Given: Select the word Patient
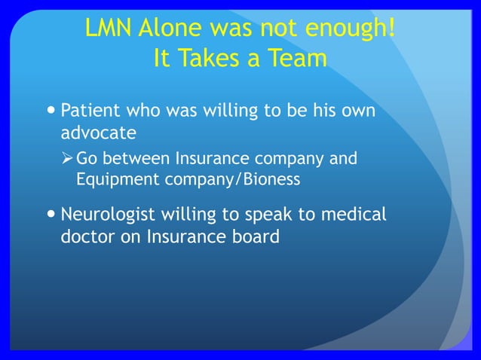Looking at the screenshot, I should pos(89,111).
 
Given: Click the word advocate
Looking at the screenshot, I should pos(98,133).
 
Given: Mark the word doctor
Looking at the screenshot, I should pos(84,236).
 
